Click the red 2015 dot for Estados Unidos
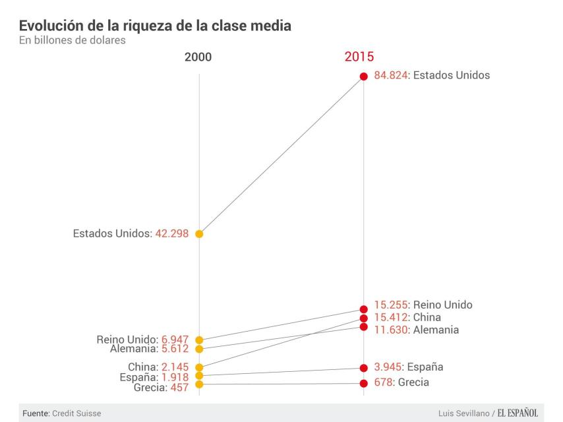click(363, 76)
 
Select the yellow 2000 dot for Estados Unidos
click(199, 233)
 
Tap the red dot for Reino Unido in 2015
click(363, 309)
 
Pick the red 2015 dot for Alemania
click(363, 326)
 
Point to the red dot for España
click(363, 367)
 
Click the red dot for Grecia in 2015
click(363, 382)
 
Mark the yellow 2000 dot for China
click(199, 367)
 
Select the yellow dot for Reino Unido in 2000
click(199, 340)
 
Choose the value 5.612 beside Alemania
click(175, 349)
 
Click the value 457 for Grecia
click(179, 388)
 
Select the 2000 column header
click(198, 57)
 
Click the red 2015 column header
click(359, 57)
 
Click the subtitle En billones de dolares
click(73, 40)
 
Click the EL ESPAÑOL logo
click(518, 413)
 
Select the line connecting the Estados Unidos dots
click(281, 154)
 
